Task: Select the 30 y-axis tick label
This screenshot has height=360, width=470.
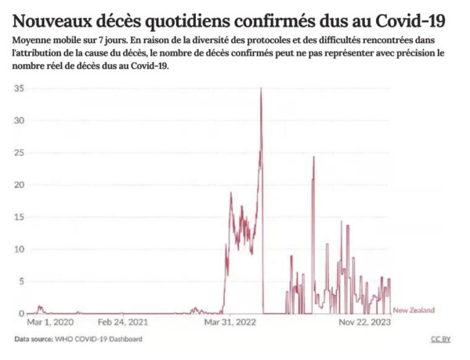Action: pyautogui.click(x=19, y=121)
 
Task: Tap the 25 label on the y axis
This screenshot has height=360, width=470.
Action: pyautogui.click(x=19, y=153)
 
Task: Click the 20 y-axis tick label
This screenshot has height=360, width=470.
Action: pyautogui.click(x=19, y=185)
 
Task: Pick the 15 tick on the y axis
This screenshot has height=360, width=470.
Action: pyautogui.click(x=19, y=217)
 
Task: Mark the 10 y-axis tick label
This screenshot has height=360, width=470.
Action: pyautogui.click(x=19, y=249)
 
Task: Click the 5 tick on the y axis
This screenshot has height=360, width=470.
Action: pyautogui.click(x=21, y=281)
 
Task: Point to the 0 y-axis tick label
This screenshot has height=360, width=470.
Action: pyautogui.click(x=21, y=313)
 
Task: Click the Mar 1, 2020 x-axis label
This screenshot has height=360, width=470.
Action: pyautogui.click(x=51, y=321)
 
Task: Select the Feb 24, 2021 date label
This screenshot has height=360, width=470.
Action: pyautogui.click(x=124, y=321)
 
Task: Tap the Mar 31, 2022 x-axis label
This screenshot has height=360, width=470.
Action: pyautogui.click(x=230, y=321)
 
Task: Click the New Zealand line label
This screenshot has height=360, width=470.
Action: pyautogui.click(x=414, y=311)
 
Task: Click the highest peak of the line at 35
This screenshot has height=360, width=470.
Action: pyautogui.click(x=261, y=88)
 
